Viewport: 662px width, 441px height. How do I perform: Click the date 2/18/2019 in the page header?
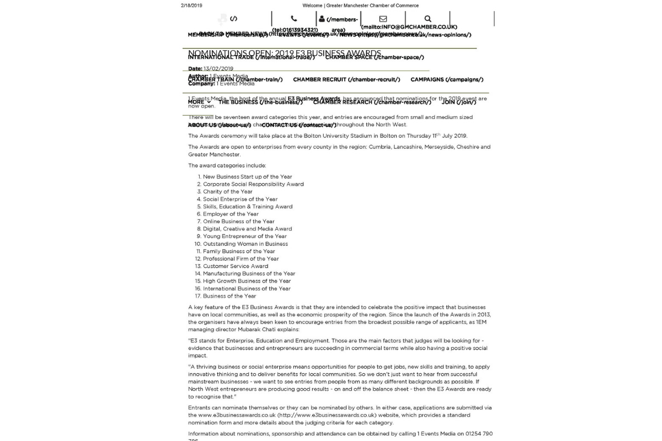pyautogui.click(x=191, y=6)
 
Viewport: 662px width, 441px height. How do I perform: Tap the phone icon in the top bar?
pyautogui.click(x=294, y=19)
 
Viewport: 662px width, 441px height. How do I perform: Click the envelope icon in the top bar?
pyautogui.click(x=383, y=19)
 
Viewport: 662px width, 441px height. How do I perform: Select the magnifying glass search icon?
pyautogui.click(x=428, y=19)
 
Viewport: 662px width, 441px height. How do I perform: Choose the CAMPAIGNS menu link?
pyautogui.click(x=447, y=79)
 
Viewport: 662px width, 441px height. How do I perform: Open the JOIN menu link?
pyautogui.click(x=458, y=102)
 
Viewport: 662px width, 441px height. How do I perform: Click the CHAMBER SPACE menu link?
pyautogui.click(x=375, y=57)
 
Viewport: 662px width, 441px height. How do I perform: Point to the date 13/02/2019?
pyautogui.click(x=218, y=69)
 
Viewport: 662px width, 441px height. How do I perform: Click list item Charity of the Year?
pyautogui.click(x=227, y=192)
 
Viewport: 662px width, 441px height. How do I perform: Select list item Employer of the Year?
pyautogui.click(x=231, y=214)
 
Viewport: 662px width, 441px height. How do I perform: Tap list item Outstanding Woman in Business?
pyautogui.click(x=245, y=244)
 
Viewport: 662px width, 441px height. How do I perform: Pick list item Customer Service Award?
pyautogui.click(x=235, y=266)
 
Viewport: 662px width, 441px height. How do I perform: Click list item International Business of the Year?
pyautogui.click(x=247, y=288)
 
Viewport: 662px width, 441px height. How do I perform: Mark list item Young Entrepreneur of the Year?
pyautogui.click(x=244, y=236)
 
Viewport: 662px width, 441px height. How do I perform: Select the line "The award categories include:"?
pyautogui.click(x=227, y=165)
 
